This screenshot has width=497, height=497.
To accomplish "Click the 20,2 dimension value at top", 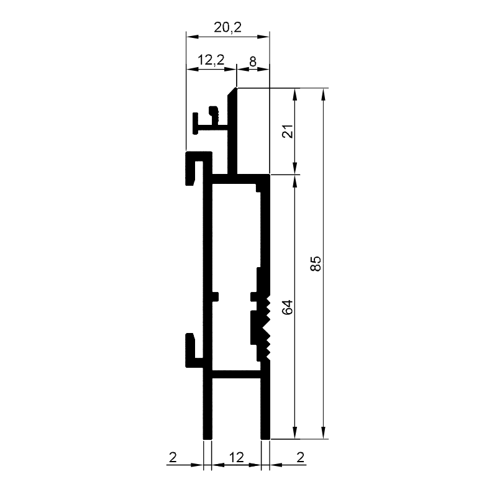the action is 227,27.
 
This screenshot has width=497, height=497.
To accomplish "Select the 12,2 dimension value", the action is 211,60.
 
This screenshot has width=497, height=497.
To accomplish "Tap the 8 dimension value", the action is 253,62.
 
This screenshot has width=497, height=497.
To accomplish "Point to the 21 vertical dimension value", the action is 288,131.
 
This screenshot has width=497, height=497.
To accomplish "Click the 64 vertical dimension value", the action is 288,307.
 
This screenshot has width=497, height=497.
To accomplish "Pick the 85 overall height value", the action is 316,263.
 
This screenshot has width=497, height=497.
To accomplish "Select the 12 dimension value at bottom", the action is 237,457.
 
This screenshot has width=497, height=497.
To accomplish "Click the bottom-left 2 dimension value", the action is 173,457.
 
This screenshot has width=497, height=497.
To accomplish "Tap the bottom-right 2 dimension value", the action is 301,457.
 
